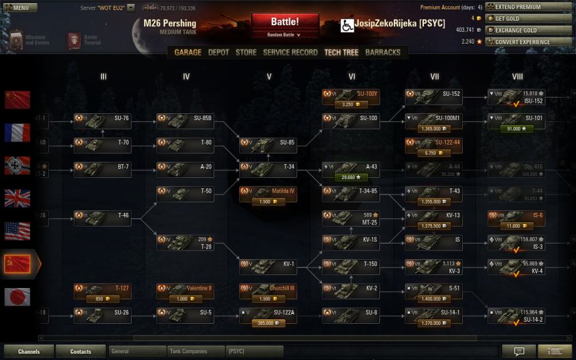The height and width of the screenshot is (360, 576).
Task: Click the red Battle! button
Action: pos(285,23)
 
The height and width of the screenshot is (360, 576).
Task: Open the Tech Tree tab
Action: pos(341,53)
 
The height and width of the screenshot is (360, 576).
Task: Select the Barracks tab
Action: pos(383,53)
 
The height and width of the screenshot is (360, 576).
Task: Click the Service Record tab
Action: pos(290,53)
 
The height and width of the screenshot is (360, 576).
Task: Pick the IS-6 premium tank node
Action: pos(516,215)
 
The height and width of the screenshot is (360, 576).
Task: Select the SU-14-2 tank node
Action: pos(516,316)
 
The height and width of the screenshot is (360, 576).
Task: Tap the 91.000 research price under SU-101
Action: pos(516,128)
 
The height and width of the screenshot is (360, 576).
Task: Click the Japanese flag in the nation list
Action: pos(18,296)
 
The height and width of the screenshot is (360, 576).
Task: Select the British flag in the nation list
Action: pos(18,198)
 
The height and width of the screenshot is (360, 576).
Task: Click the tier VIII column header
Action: pos(517,77)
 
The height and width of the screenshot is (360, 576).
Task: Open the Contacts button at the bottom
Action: pos(80,351)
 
